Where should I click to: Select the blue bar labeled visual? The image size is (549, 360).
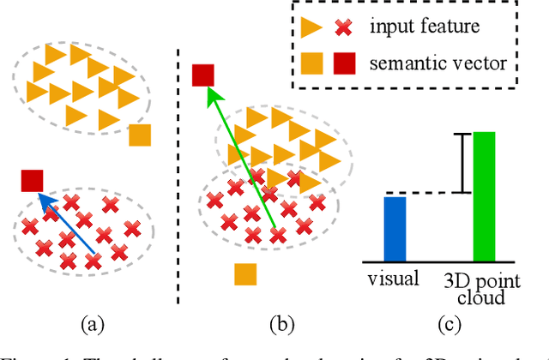tap(395, 228)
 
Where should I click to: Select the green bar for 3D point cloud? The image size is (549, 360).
tap(485, 196)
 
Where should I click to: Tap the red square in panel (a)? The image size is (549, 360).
tap(32, 181)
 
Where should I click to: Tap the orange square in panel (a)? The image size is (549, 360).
tap(139, 135)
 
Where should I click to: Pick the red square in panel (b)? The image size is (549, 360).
tap(202, 75)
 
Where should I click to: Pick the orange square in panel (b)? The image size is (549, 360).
tap(246, 273)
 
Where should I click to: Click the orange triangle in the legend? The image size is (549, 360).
tap(313, 27)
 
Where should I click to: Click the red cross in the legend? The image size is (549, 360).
tap(343, 27)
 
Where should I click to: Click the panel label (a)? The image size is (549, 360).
tap(92, 324)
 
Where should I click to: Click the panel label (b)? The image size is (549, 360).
tap(281, 324)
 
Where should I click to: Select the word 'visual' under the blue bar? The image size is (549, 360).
tap(394, 278)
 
